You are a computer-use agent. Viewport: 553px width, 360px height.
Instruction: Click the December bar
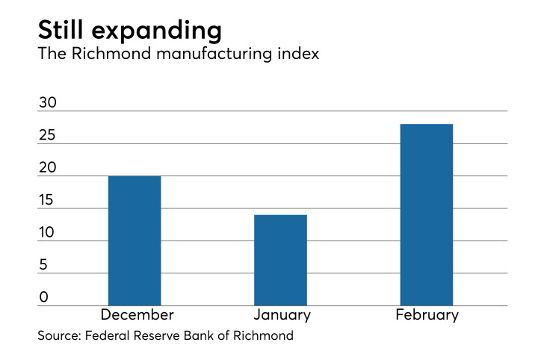coord(135,240)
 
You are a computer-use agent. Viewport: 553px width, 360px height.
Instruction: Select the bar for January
coord(280,260)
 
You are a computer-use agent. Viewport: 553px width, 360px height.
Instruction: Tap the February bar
coord(427,215)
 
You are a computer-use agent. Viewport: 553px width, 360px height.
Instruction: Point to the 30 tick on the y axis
coord(48,102)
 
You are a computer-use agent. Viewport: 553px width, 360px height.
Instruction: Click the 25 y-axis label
coord(47,135)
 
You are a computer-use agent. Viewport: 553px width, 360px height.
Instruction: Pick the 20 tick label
coord(48,167)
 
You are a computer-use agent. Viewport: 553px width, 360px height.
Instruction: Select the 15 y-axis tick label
coord(46,200)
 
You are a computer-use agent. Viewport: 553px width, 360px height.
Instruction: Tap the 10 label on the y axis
coord(46,232)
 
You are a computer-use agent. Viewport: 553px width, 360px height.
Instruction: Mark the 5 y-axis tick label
coord(43,265)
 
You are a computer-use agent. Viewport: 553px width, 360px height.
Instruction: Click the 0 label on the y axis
coord(44,297)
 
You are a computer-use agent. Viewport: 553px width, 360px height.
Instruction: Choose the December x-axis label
coord(138,314)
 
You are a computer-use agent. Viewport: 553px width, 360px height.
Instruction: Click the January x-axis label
coord(282,315)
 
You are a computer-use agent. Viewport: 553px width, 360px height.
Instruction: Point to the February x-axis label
coord(427,315)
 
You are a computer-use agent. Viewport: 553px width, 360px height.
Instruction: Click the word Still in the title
coord(61,30)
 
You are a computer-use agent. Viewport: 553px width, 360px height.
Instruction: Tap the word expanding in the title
coord(157,31)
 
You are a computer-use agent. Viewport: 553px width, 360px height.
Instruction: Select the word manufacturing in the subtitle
coord(214,55)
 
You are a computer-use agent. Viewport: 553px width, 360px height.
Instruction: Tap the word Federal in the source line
coord(107,335)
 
